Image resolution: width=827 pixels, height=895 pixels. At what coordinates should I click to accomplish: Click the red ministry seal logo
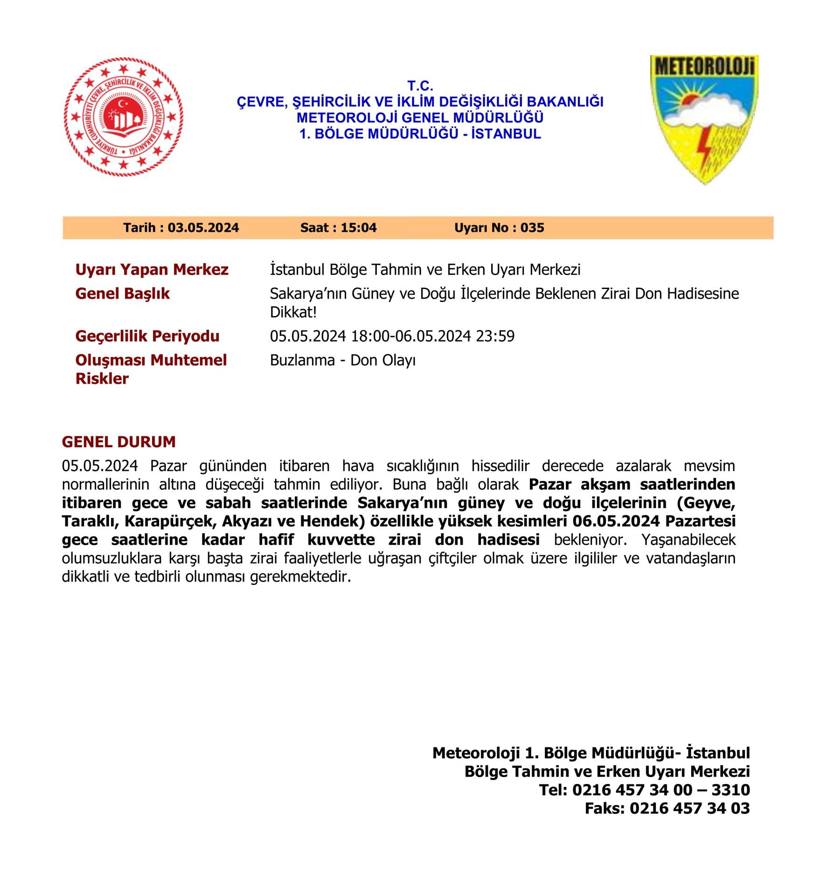point(123,117)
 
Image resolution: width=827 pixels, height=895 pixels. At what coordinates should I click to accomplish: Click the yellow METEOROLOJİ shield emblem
point(704,119)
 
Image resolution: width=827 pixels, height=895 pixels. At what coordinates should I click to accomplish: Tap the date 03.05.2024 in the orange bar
point(203,227)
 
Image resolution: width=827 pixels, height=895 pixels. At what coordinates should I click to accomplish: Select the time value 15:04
point(358,227)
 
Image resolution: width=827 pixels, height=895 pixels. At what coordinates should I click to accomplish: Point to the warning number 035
point(532,227)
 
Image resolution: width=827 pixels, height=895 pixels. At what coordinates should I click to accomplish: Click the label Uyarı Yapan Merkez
point(152,269)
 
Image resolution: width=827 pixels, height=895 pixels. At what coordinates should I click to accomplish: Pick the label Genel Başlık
point(122,294)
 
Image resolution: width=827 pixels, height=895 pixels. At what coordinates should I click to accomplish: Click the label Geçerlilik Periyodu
point(147,336)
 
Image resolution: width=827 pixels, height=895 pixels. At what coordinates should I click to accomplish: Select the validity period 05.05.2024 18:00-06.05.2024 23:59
point(392,336)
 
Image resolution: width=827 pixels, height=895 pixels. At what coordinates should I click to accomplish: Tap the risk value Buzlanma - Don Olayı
point(342,360)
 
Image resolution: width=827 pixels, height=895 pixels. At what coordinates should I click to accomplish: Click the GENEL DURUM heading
point(118,442)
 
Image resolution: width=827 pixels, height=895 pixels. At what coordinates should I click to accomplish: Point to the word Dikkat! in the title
point(293,312)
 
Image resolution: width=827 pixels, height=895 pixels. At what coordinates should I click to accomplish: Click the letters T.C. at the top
point(420,86)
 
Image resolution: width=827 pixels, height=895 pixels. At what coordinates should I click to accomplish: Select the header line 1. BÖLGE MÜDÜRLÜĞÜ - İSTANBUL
point(420,134)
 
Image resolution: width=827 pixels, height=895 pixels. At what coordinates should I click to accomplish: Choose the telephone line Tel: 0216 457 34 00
point(644,790)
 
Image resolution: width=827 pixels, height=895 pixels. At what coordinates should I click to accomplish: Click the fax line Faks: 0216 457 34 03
point(667,808)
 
